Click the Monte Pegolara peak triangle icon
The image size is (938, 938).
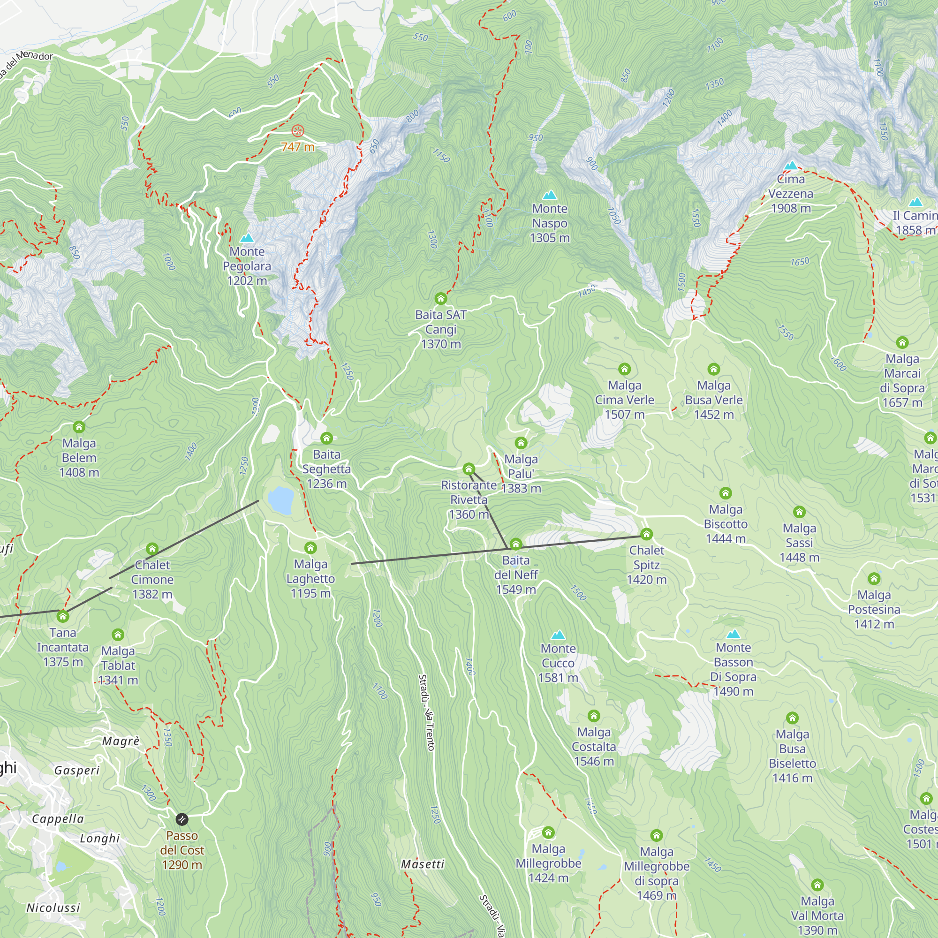[247, 238]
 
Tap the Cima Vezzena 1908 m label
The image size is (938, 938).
[790, 194]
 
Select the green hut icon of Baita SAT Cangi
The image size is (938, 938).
[440, 298]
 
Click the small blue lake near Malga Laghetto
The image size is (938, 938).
[280, 500]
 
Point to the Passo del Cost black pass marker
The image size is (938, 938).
[182, 819]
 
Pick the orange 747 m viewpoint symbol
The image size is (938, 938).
[298, 130]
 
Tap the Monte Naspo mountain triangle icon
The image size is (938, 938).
[550, 195]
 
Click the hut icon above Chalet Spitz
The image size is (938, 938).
[646, 534]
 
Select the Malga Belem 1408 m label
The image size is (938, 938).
[79, 457]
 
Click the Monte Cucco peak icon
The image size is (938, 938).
[558, 635]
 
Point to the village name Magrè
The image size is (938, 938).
[121, 741]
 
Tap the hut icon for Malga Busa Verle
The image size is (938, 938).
[713, 369]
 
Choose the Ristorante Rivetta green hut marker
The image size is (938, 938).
[469, 469]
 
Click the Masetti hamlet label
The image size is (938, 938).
[423, 865]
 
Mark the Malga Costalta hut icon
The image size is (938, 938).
[594, 716]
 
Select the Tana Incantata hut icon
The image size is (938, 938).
[63, 617]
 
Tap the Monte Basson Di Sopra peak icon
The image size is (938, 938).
[733, 634]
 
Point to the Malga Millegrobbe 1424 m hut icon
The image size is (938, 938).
[548, 832]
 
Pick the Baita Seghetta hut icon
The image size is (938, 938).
[326, 439]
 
